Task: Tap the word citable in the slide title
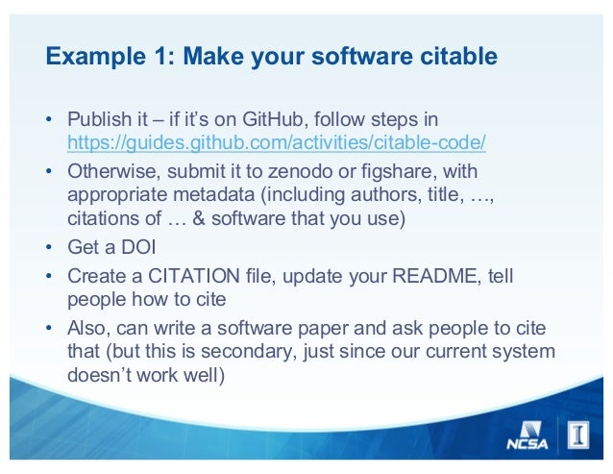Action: point(455,58)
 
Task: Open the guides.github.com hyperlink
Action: point(276,143)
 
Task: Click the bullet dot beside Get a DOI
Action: point(48,248)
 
